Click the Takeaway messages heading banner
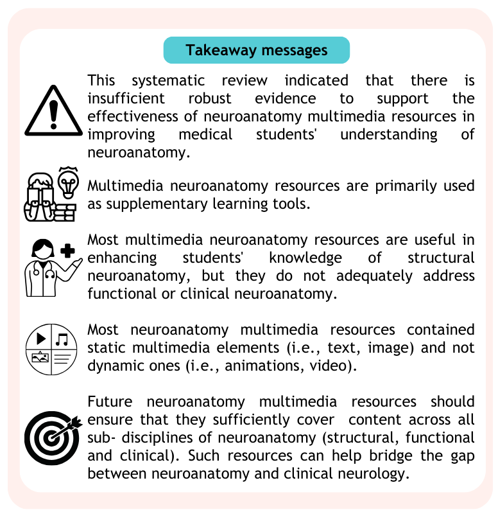pyautogui.click(x=257, y=50)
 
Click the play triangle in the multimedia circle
pyautogui.click(x=42, y=338)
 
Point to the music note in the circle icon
pyautogui.click(x=62, y=338)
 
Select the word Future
pyautogui.click(x=110, y=402)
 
